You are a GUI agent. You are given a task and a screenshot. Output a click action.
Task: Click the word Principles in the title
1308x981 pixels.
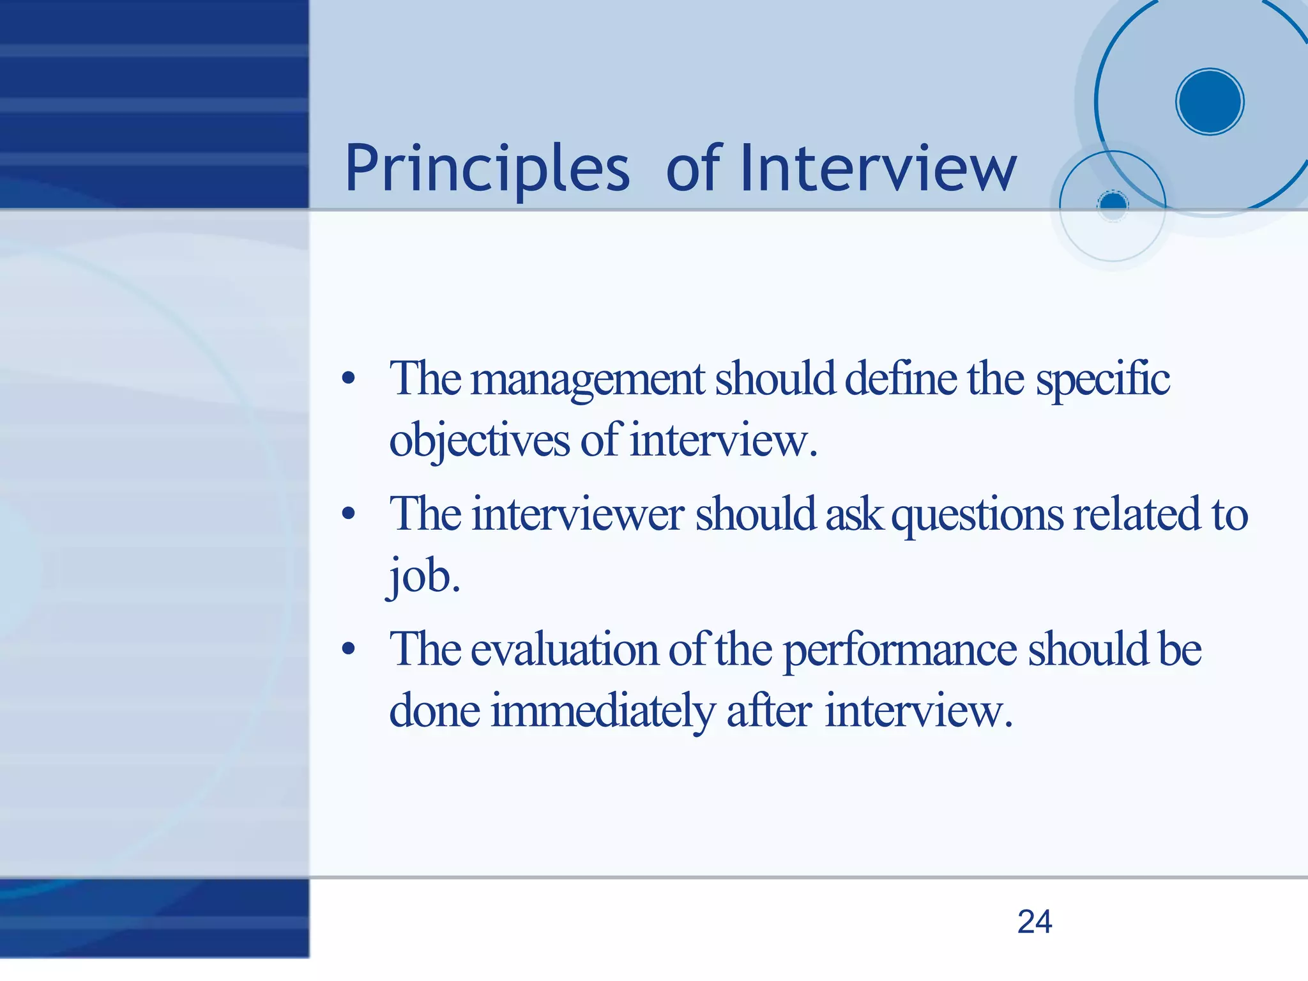(x=487, y=169)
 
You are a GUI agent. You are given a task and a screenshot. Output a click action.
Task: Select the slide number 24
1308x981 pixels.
(x=1035, y=922)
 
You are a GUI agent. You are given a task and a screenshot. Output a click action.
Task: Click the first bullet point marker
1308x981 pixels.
(x=348, y=378)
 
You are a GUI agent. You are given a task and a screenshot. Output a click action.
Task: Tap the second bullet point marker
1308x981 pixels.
(x=348, y=514)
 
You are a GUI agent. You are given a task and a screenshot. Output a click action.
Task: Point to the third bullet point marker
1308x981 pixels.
(x=348, y=649)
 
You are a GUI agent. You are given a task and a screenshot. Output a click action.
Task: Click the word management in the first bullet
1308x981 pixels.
(x=588, y=380)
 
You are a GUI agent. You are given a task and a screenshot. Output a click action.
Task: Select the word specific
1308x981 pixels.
(x=1102, y=380)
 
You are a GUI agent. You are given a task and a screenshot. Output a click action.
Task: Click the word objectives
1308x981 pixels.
(x=479, y=441)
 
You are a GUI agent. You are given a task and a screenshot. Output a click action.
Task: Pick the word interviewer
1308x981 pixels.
(x=578, y=514)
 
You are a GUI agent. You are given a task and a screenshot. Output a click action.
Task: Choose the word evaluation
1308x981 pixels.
(x=565, y=650)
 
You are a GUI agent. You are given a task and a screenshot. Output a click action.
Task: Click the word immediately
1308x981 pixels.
(x=602, y=711)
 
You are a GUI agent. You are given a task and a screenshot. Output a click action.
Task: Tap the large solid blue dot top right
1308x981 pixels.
(x=1209, y=102)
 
